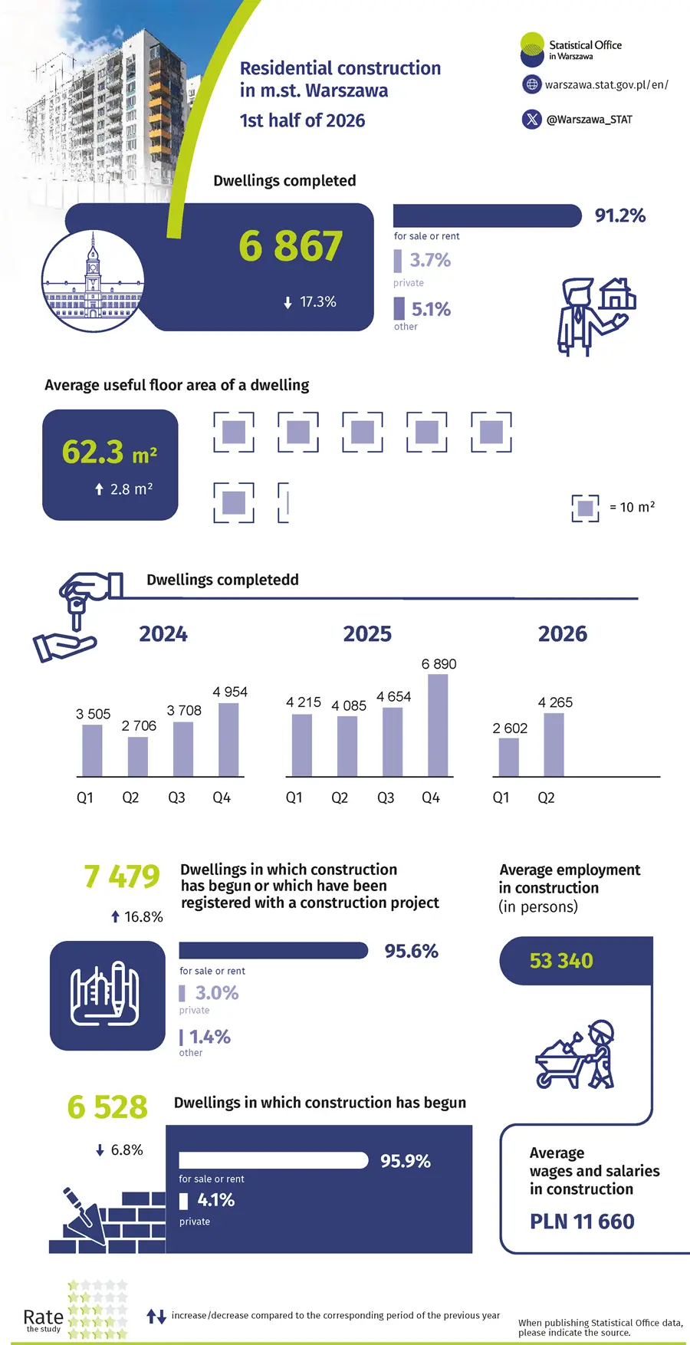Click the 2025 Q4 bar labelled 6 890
click(438, 725)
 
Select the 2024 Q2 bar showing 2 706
click(138, 757)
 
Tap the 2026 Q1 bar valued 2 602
click(508, 758)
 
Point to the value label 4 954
click(230, 692)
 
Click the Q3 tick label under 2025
click(386, 797)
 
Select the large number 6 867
click(291, 246)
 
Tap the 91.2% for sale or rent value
click(620, 215)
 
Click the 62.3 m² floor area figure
click(110, 452)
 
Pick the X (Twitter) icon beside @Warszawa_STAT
click(532, 120)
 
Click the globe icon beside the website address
click(532, 84)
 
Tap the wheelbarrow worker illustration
click(575, 1054)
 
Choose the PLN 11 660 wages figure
click(582, 1222)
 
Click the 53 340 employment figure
click(561, 961)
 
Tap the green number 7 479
click(122, 876)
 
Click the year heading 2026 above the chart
click(563, 634)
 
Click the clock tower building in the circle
click(93, 281)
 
